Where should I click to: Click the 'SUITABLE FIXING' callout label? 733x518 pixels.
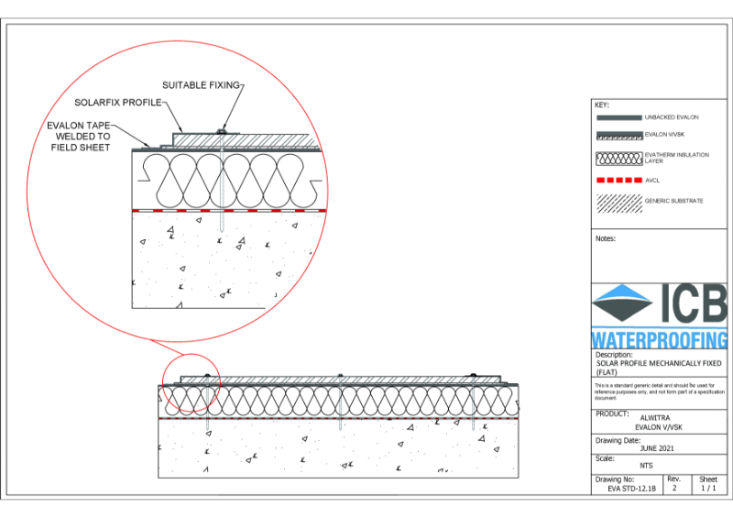pyautogui.click(x=201, y=84)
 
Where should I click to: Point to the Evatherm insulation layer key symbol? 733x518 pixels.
pyautogui.click(x=618, y=157)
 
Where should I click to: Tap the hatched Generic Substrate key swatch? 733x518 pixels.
pyautogui.click(x=618, y=200)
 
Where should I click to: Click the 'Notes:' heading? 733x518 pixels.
pyautogui.click(x=605, y=238)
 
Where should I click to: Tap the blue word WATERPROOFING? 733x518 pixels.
pyautogui.click(x=660, y=339)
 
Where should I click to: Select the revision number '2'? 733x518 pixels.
pyautogui.click(x=673, y=489)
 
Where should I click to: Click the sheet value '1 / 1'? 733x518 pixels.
pyautogui.click(x=708, y=489)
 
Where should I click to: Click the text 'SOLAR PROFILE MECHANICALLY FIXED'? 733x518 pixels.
pyautogui.click(x=658, y=364)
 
